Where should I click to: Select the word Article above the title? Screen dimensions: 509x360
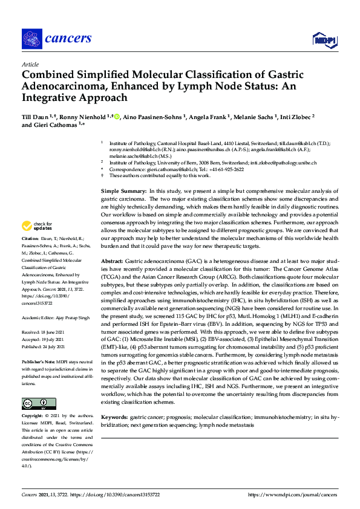(x=30, y=64)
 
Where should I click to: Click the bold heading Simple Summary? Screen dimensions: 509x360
(x=124, y=191)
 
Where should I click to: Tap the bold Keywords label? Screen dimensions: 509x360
(x=114, y=418)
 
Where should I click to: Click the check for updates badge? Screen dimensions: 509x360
(x=37, y=243)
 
